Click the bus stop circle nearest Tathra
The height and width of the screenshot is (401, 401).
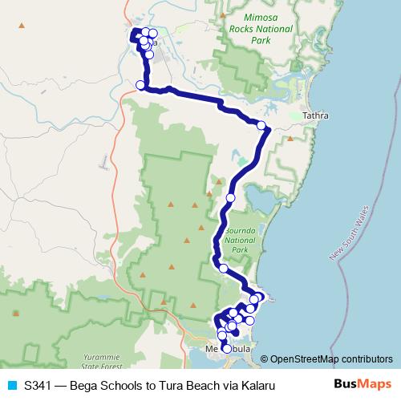[x=261, y=124]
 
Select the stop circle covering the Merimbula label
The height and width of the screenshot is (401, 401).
[x=226, y=349]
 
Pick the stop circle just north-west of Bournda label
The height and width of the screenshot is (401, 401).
[x=230, y=197]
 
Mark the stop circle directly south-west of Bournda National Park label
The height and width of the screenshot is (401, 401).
[x=223, y=269]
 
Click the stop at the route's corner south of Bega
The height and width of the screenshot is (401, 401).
[x=140, y=85]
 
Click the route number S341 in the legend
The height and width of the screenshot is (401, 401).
[x=38, y=386]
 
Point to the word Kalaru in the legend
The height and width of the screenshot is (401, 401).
[x=257, y=386]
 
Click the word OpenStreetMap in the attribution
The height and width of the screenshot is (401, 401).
[x=305, y=359]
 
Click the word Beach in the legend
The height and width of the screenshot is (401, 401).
[x=205, y=386]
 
